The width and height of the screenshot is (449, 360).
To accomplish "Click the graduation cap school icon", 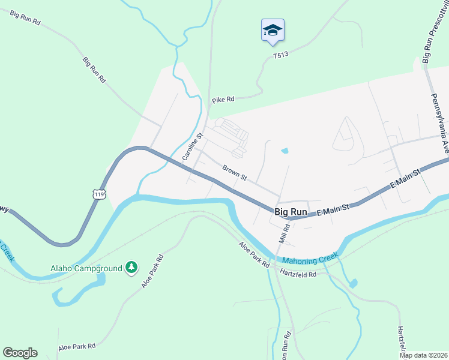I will click(x=273, y=31).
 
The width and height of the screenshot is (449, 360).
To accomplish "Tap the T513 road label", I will click(x=281, y=55).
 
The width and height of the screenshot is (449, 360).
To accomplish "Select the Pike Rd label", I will click(x=222, y=99).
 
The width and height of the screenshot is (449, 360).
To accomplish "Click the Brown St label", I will click(x=235, y=173).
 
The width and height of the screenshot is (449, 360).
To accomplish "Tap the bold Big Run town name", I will click(x=291, y=212).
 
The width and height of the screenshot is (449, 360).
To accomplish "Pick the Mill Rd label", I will click(x=284, y=230).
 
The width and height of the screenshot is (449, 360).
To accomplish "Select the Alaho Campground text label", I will click(x=86, y=267).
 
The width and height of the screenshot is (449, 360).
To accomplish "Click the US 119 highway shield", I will click(x=100, y=194).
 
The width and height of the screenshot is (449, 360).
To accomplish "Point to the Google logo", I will click(x=20, y=353).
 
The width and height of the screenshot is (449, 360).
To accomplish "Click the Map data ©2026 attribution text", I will click(x=423, y=355).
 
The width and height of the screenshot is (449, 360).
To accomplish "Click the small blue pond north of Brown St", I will click(x=284, y=151).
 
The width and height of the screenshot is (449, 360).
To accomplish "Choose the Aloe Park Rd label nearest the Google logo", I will click(x=77, y=347).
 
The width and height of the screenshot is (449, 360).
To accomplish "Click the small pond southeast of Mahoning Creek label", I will click(x=353, y=283).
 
